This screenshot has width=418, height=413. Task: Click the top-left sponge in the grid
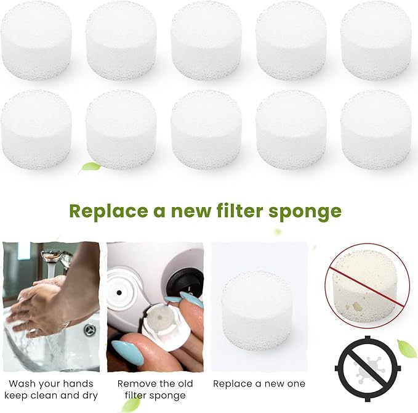(36, 36)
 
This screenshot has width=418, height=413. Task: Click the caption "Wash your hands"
(50, 383)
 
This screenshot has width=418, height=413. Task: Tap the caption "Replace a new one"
(259, 383)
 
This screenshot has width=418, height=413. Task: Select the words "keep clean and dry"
(50, 396)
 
